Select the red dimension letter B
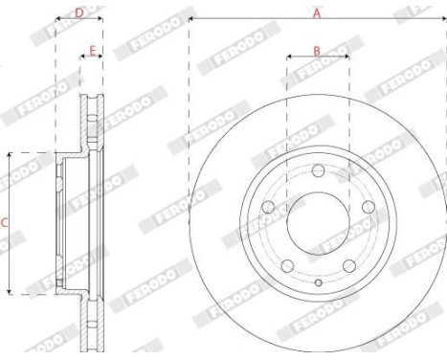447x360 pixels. pos(317,49)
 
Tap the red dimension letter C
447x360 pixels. pos(5,222)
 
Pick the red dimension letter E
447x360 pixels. pos(92,49)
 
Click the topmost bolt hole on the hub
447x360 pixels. pos(318,170)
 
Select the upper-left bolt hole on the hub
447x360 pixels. pos(268,207)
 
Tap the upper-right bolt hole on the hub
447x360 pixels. pos(368,207)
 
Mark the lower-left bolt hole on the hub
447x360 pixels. pos(287,265)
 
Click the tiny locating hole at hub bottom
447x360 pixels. pos(318,281)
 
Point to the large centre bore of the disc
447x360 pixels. pos(318,223)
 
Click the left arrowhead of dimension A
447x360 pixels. pos(192,19)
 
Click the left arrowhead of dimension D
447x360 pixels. pos(57,19)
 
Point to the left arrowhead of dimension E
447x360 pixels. pos(83,56)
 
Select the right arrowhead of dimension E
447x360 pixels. pos(101,56)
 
